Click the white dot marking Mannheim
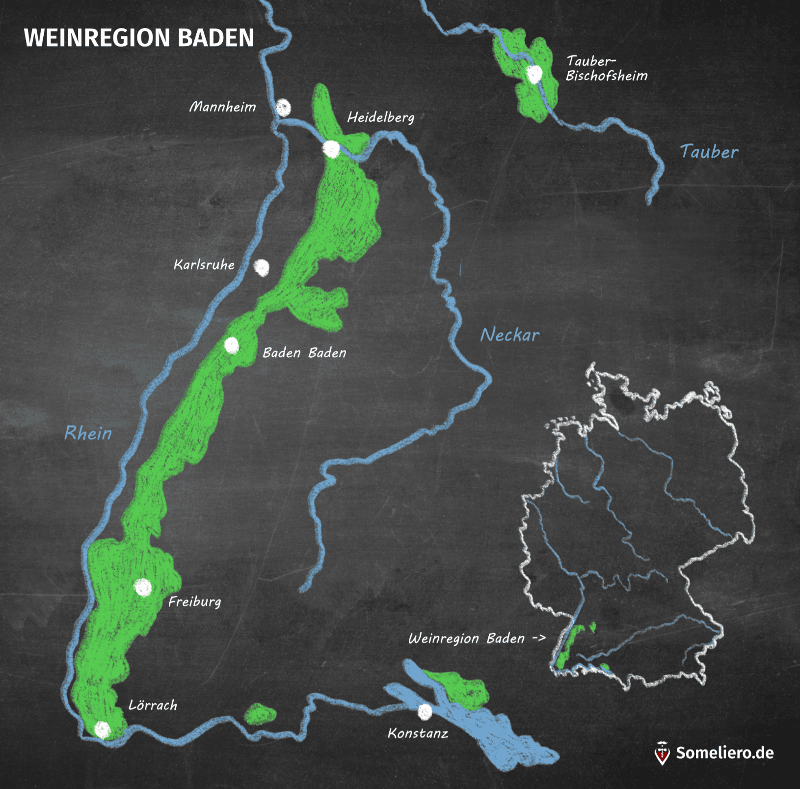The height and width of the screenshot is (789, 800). (x=283, y=108)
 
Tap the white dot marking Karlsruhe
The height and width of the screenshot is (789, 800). (x=262, y=267)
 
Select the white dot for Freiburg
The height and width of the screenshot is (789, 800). (x=143, y=587)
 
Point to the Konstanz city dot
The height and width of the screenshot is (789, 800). (x=425, y=711)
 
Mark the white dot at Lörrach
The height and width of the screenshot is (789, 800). (x=102, y=730)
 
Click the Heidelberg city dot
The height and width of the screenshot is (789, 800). (x=331, y=148)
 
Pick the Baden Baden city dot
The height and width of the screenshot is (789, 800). (x=231, y=345)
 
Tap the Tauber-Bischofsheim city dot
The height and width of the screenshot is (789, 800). (x=533, y=74)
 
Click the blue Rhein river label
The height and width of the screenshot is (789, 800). (x=88, y=433)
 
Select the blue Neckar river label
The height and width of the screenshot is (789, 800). (x=509, y=335)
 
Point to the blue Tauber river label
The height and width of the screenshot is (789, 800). (x=709, y=152)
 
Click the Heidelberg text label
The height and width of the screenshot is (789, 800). (x=381, y=117)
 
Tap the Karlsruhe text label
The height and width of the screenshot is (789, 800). (x=204, y=265)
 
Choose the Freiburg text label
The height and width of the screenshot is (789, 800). (x=195, y=602)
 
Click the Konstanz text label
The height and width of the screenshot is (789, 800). (x=418, y=733)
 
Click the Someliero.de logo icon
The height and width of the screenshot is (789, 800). (x=662, y=753)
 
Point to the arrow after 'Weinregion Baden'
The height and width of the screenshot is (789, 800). (x=539, y=638)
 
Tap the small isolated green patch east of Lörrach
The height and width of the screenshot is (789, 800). (x=260, y=714)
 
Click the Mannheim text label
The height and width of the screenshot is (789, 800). (x=223, y=107)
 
